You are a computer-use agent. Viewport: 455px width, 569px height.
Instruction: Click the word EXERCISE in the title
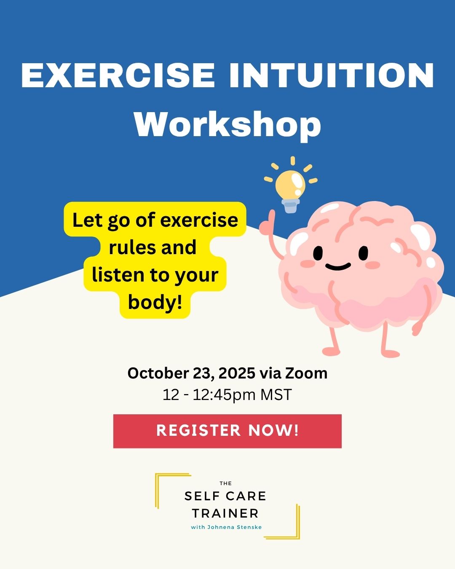(x=118, y=75)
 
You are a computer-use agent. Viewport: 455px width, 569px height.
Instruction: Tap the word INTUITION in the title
(x=332, y=75)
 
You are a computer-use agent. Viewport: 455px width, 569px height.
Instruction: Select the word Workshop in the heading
(x=227, y=124)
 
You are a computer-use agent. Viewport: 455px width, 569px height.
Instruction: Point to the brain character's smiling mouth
(x=338, y=266)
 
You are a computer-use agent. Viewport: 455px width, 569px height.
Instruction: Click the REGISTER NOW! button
(x=227, y=431)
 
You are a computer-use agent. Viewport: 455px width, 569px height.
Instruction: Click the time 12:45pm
(x=224, y=395)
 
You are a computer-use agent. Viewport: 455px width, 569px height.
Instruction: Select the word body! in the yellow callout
(x=155, y=302)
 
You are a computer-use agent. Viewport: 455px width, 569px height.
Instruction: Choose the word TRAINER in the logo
(x=225, y=513)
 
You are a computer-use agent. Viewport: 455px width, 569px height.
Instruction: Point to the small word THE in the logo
(x=225, y=483)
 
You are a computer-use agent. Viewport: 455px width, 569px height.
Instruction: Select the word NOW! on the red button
(x=273, y=430)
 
